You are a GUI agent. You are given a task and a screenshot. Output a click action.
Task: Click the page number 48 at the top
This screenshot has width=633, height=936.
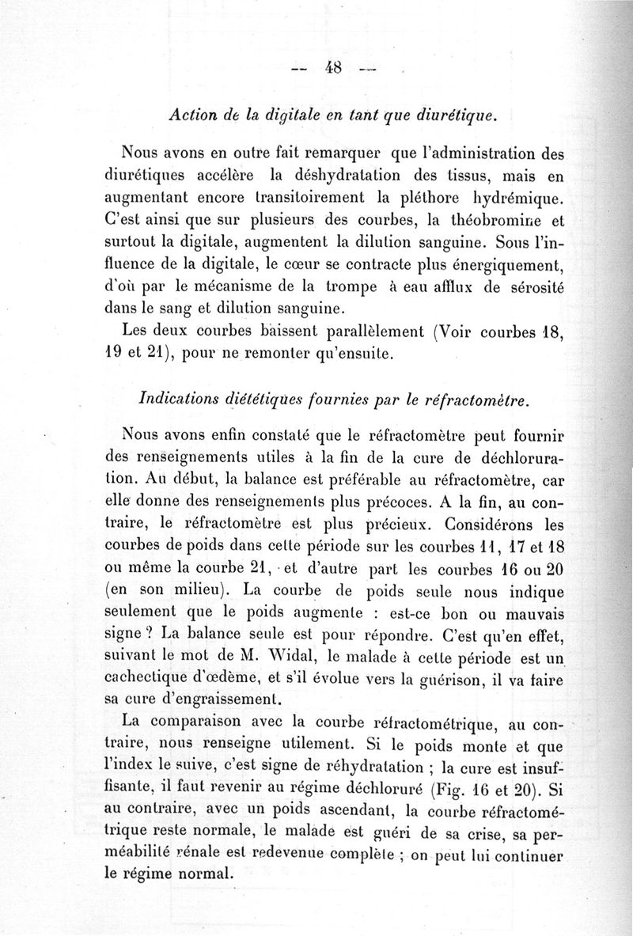pos(332,67)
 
